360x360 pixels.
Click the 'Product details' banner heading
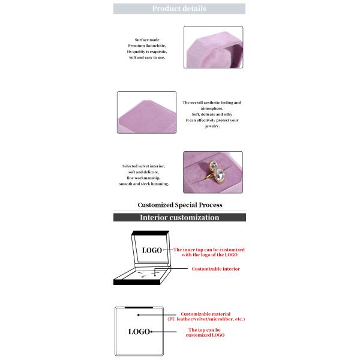click(179, 8)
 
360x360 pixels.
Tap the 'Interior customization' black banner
click(179, 217)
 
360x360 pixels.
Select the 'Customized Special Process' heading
click(180, 205)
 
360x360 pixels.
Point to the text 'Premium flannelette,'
click(146, 46)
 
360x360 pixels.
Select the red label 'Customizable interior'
click(215, 269)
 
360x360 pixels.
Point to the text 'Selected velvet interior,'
click(143, 166)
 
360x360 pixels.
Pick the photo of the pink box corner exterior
click(213, 47)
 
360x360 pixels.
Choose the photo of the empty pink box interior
click(146, 112)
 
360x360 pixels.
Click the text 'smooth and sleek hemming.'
click(145, 184)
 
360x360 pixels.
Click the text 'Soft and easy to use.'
click(146, 58)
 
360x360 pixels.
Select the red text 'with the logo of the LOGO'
click(209, 255)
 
